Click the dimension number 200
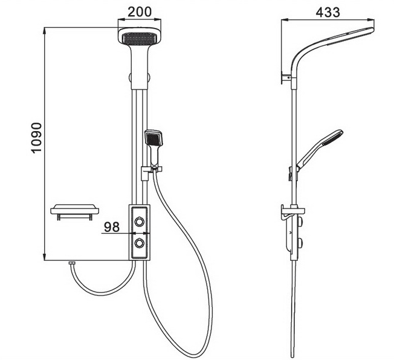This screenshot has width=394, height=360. [140, 12]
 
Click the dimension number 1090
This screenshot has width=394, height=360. [36, 138]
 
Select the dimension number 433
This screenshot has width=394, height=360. [328, 12]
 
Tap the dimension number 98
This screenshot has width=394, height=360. [112, 227]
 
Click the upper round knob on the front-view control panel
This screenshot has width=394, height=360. [140, 221]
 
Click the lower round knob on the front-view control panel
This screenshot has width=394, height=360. [140, 243]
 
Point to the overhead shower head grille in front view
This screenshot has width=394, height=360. [140, 39]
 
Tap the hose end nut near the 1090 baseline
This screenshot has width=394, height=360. [72, 263]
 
